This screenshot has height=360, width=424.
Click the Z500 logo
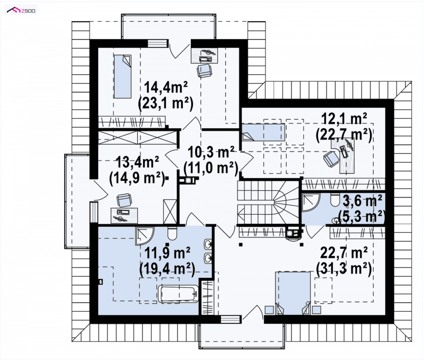point(22,11)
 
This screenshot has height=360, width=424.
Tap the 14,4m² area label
point(166,87)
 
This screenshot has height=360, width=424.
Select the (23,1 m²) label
point(165,103)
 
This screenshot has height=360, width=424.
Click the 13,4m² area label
point(137,162)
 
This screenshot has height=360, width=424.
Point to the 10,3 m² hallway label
point(210,153)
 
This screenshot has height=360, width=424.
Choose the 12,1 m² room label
point(343,119)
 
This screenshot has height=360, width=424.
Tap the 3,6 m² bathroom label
point(362,201)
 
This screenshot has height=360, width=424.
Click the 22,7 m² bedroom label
point(343,253)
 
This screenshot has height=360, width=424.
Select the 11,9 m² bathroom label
point(167,253)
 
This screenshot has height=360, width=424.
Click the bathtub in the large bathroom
point(179,294)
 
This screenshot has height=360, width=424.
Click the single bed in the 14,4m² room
point(122,76)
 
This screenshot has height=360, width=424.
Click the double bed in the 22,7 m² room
point(293,293)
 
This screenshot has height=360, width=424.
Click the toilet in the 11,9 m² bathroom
point(172,233)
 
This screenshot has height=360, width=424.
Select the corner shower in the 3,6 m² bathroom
point(311,203)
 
